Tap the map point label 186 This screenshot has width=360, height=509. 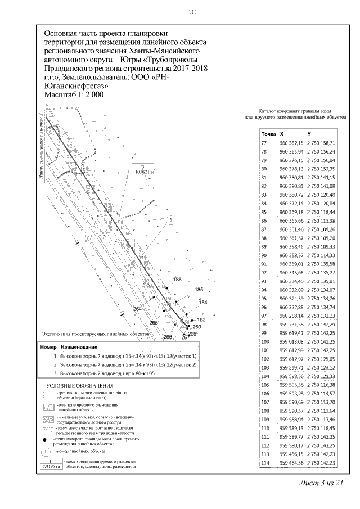click(178, 280)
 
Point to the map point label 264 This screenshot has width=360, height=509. click(137, 309)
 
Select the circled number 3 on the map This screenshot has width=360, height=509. click(172, 220)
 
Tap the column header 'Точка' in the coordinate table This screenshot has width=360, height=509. click(268, 134)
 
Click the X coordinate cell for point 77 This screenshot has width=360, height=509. click(291, 143)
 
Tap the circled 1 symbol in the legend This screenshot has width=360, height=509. click(45, 451)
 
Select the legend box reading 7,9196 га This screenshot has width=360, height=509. click(49, 467)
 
